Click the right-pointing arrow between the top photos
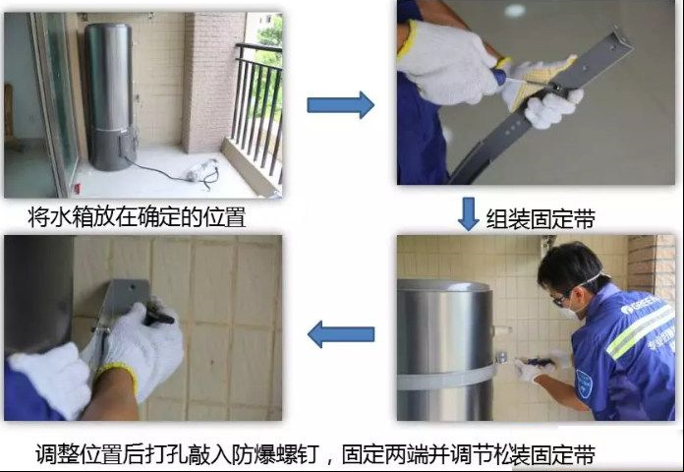[340, 105]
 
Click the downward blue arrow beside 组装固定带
[469, 214]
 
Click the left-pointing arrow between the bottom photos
[341, 334]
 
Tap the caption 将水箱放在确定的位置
[137, 217]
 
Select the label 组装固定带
[541, 219]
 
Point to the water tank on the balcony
[110, 96]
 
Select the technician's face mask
[574, 306]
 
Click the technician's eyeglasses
[559, 300]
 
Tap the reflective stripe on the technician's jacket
[639, 331]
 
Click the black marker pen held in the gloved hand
[159, 317]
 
